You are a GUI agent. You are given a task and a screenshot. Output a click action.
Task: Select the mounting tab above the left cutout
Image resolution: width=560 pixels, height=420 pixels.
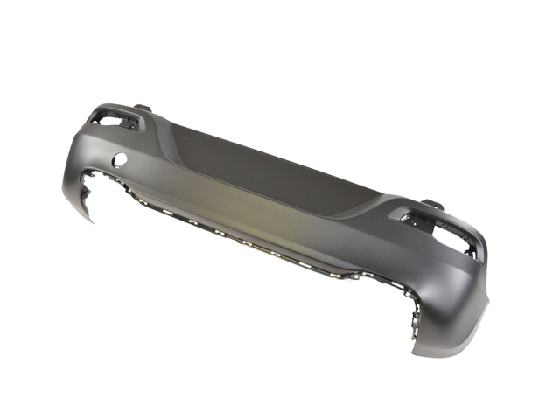click(143, 108)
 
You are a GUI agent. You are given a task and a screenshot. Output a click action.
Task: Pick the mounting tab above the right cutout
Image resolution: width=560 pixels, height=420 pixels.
click(433, 205)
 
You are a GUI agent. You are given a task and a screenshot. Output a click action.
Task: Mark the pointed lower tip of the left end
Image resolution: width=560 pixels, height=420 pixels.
click(90, 220)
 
